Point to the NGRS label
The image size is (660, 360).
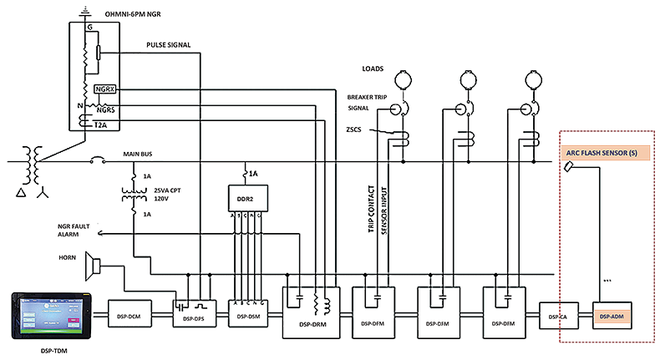[x=106, y=109]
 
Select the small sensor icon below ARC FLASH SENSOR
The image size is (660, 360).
[x=568, y=167]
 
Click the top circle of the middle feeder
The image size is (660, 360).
[x=467, y=79]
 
